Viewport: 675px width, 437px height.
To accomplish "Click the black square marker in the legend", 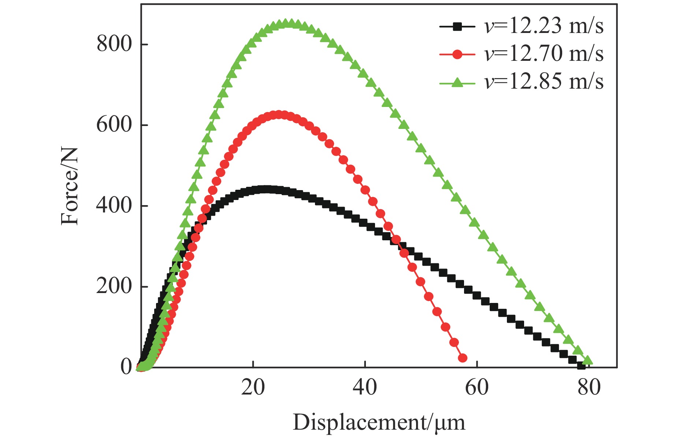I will click(457, 26).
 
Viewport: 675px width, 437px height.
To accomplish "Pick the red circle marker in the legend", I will click(457, 55).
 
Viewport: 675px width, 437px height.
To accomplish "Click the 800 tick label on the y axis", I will click(114, 44).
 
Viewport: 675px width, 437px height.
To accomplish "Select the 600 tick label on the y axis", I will click(114, 125).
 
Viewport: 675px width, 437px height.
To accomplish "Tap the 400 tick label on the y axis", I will click(114, 205).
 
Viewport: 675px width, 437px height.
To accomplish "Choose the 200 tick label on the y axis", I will click(114, 286).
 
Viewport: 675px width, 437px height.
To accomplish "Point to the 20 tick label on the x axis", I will click(253, 387).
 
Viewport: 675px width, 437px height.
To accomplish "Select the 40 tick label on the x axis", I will click(365, 387).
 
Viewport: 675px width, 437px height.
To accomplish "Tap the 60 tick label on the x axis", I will click(477, 387).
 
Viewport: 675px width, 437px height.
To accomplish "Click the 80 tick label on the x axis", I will click(589, 387).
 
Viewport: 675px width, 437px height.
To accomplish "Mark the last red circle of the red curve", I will click(463, 358).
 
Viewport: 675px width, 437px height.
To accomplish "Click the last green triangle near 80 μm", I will click(587, 360).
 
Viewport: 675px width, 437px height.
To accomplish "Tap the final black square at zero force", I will click(581, 366).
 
